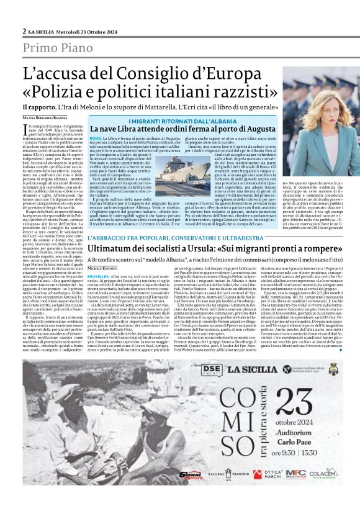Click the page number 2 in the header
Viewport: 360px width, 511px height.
(x=24, y=30)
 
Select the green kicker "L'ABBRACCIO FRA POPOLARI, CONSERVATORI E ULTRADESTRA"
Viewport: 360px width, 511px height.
(x=172, y=238)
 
